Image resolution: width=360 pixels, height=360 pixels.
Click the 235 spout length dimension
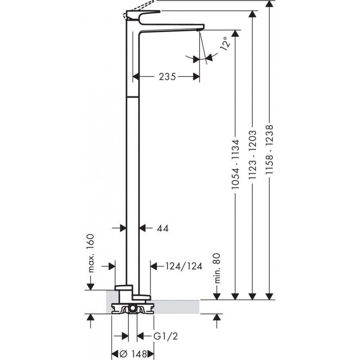click(167, 76)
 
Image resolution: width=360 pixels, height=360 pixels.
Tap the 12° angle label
click(224, 44)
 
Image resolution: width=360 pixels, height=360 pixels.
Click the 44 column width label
click(163, 228)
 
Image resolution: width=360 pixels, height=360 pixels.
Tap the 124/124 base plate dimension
click(184, 266)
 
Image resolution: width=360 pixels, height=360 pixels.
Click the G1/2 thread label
click(166, 336)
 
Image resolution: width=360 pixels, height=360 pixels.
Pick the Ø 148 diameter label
click(133, 354)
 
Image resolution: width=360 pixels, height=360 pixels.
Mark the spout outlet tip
click(201, 28)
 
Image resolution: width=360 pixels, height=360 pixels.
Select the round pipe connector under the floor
click(132, 308)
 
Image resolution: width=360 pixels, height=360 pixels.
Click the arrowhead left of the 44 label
click(122, 228)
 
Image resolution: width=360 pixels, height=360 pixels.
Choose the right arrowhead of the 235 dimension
click(196, 76)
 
